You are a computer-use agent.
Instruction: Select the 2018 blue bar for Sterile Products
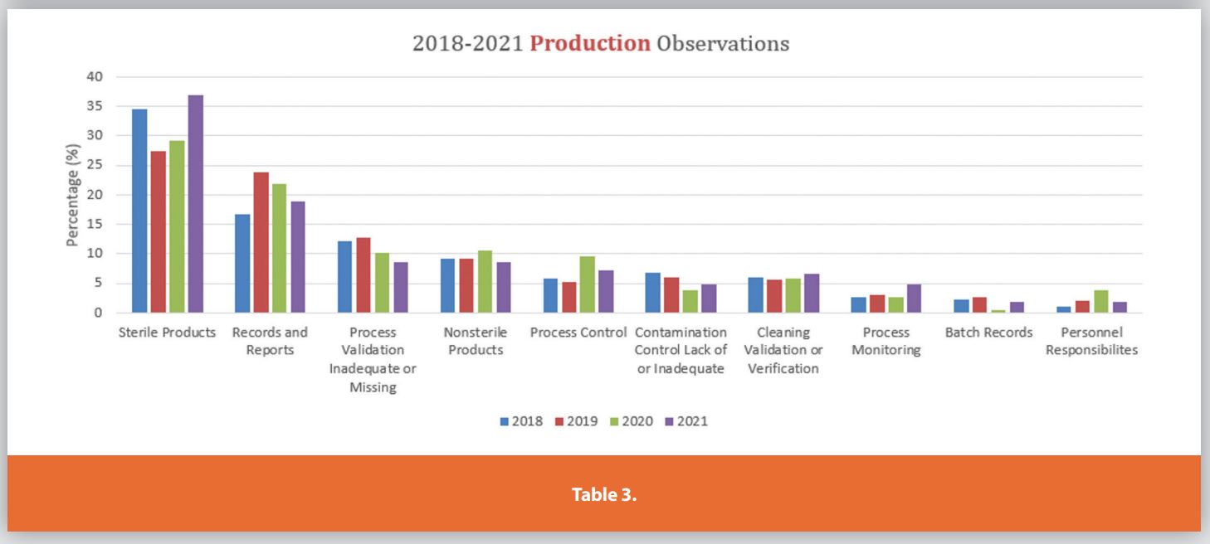pyautogui.click(x=139, y=211)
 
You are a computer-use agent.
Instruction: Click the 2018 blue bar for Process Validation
pyautogui.click(x=344, y=277)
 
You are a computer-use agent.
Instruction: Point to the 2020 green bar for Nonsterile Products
pyautogui.click(x=485, y=281)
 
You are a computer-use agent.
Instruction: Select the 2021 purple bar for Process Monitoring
pyautogui.click(x=914, y=299)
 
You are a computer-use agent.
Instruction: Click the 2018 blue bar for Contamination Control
pyautogui.click(x=653, y=293)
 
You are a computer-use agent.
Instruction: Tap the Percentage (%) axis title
pyautogui.click(x=72, y=196)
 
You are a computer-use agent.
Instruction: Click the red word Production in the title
pyautogui.click(x=590, y=44)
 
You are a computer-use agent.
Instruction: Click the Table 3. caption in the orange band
pyautogui.click(x=604, y=495)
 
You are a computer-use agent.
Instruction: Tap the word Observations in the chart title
pyautogui.click(x=722, y=44)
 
